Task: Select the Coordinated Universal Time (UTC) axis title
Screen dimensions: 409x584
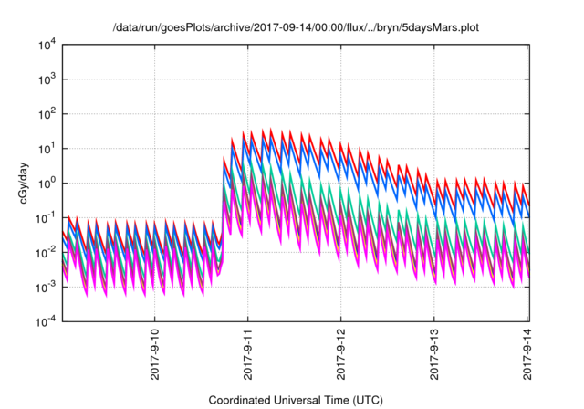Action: (x=294, y=399)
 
